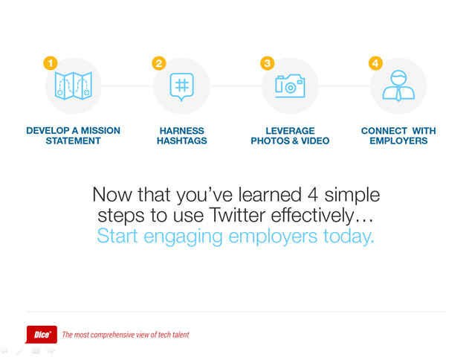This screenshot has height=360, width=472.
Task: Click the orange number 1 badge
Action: click(x=51, y=63)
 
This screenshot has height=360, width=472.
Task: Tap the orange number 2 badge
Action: click(x=159, y=63)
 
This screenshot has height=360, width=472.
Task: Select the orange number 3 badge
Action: click(x=268, y=63)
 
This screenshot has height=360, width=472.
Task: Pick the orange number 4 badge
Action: click(x=375, y=63)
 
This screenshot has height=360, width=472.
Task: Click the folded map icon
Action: click(x=74, y=86)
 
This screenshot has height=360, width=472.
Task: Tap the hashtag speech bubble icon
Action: click(x=182, y=87)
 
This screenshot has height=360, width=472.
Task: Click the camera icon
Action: click(x=290, y=86)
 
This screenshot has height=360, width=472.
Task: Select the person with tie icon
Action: click(x=398, y=86)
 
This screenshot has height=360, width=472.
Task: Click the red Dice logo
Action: click(x=41, y=335)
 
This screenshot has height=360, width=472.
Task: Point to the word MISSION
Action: click(x=100, y=130)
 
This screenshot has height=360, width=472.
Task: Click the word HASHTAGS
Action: click(x=182, y=141)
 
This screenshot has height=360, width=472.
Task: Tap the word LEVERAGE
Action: click(x=290, y=131)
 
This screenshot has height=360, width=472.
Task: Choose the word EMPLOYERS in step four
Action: click(x=398, y=141)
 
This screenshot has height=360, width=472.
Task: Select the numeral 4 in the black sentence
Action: click(x=313, y=195)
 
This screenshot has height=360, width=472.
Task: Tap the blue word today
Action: click(x=349, y=237)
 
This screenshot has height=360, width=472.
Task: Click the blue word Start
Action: click(x=117, y=236)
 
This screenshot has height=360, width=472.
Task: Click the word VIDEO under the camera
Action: click(x=315, y=141)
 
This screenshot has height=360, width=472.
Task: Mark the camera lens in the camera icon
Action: click(x=290, y=88)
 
